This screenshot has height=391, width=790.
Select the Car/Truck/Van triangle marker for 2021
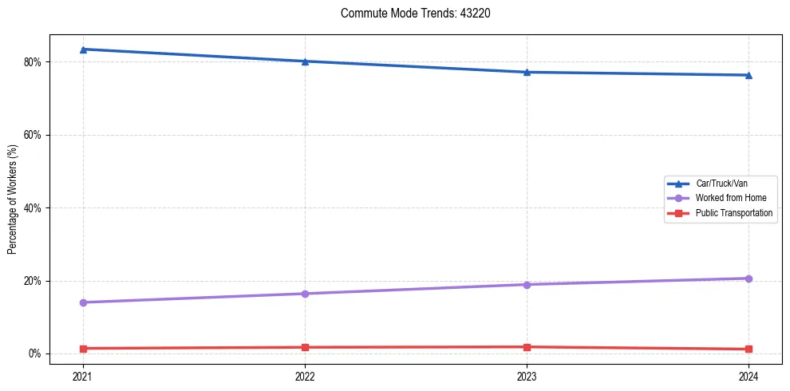83,49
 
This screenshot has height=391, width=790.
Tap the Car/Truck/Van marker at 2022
305,61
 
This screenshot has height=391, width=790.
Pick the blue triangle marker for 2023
527,73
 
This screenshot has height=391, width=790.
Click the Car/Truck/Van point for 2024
749,76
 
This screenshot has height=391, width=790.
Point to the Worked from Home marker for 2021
83,302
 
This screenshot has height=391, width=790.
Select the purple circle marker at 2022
305,294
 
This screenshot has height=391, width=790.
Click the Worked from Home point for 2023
527,285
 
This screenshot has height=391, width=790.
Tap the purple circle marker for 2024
749,278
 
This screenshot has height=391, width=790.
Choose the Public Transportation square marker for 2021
83,349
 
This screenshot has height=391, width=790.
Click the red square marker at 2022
305,347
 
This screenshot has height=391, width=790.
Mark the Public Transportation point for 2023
527,347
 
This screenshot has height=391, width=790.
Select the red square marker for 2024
749,350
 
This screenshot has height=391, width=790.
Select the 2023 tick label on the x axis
527,376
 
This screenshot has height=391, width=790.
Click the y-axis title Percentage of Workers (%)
13,199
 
